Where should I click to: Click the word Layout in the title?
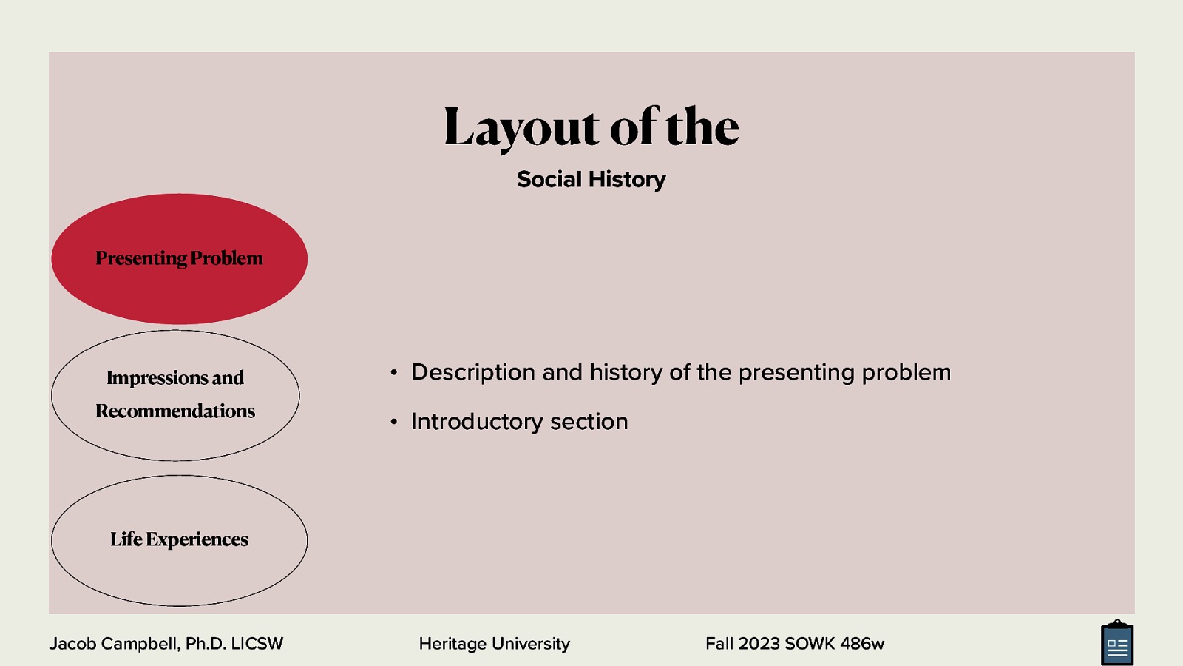coord(521,127)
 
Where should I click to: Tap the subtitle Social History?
coord(591,179)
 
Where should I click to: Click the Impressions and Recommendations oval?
coord(175,437)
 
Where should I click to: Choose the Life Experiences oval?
coord(179,573)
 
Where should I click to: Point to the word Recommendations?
coord(175,411)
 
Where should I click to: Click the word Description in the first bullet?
coord(472,372)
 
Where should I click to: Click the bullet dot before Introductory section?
coord(394,423)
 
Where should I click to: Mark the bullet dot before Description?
coord(394,373)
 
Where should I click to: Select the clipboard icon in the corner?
coord(1116,644)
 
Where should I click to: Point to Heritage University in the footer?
coord(494,644)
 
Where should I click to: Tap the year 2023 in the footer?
coord(759,644)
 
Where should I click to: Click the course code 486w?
coord(861,644)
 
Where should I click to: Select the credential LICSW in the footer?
coord(257,644)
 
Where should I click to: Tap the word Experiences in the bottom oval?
coord(197,539)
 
